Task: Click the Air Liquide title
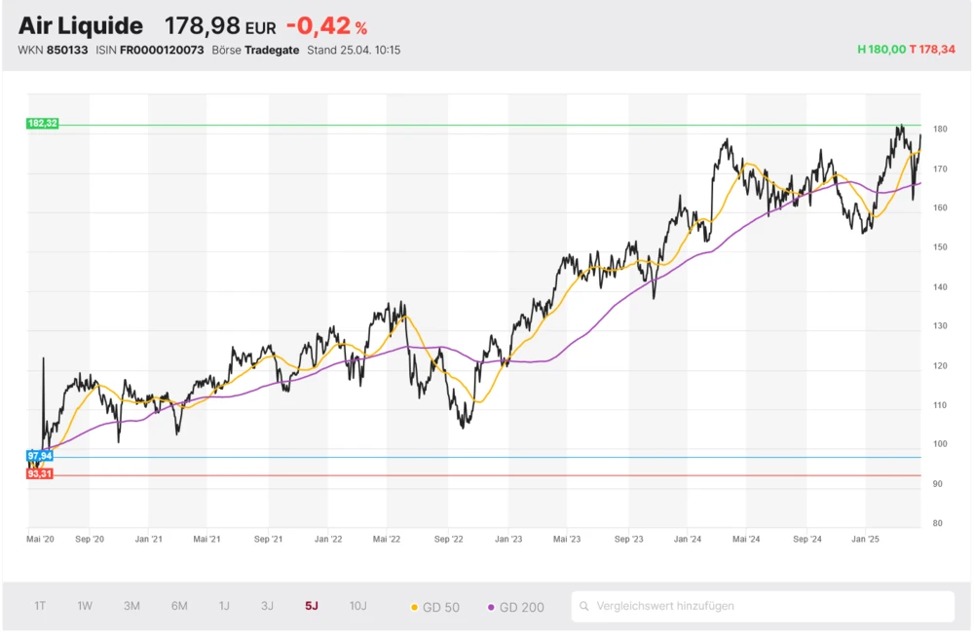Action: coord(81,26)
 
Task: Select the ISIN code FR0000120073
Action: coord(162,50)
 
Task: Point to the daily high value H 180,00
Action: coord(881,49)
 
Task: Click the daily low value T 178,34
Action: coord(932,49)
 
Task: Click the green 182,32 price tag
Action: coord(43,124)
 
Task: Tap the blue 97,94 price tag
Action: coord(40,456)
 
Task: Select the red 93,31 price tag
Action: coord(40,474)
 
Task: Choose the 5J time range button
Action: coord(312,606)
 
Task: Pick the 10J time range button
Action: coord(358,606)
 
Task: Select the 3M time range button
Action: coord(131,606)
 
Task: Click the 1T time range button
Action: coord(40,606)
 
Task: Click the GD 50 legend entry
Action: coord(435,607)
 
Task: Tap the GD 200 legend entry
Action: coord(515,607)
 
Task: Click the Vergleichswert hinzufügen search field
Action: coord(763,606)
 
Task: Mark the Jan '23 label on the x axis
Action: coord(508,538)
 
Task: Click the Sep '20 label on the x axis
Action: coord(90,538)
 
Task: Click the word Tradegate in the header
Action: coord(272,50)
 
